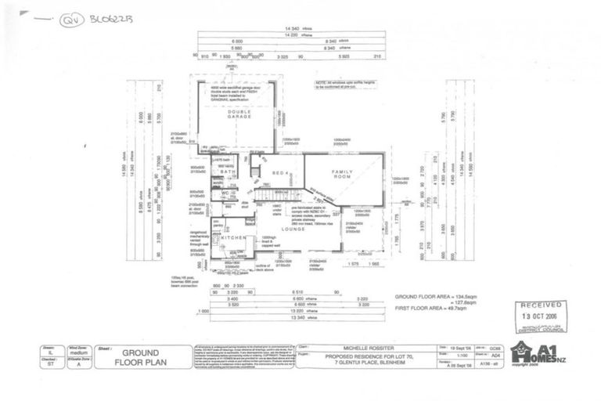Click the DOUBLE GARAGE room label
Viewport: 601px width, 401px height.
coord(239,115)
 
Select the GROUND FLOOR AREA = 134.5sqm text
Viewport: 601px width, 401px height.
coord(439,298)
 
